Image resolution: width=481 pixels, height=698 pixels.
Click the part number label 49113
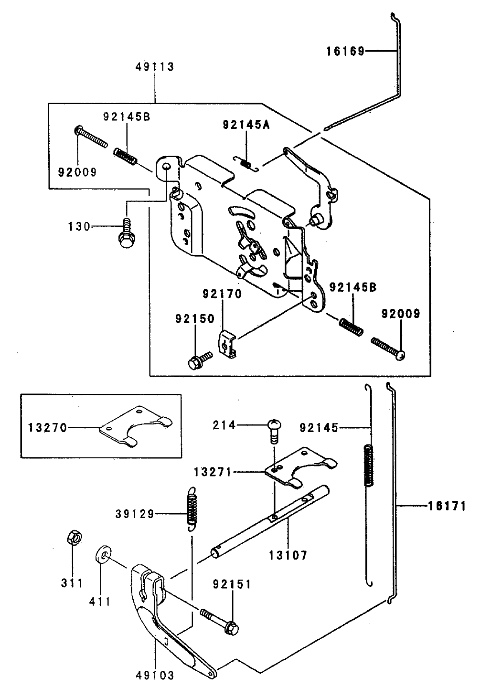click(154, 67)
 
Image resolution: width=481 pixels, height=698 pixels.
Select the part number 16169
click(345, 51)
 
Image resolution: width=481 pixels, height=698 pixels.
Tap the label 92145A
click(246, 125)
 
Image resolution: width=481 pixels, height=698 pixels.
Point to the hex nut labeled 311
click(73, 538)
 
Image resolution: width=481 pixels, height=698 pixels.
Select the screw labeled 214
click(274, 428)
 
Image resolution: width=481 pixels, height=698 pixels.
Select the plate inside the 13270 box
click(137, 426)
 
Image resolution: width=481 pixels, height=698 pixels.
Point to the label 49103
click(155, 676)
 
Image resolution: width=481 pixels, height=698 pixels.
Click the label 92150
click(194, 318)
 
